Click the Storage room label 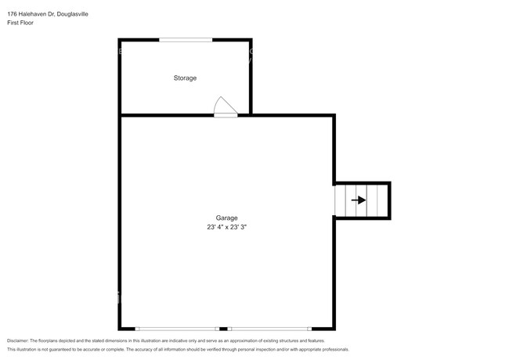[x=185, y=78]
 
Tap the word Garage [x=227, y=218]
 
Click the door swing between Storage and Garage [x=224, y=106]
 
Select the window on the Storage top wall [x=186, y=39]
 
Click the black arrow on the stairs [x=359, y=200]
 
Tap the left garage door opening [x=177, y=328]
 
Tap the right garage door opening [x=269, y=328]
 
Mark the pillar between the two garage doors [x=224, y=328]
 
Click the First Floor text [x=20, y=23]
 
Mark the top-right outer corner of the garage [x=334, y=116]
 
